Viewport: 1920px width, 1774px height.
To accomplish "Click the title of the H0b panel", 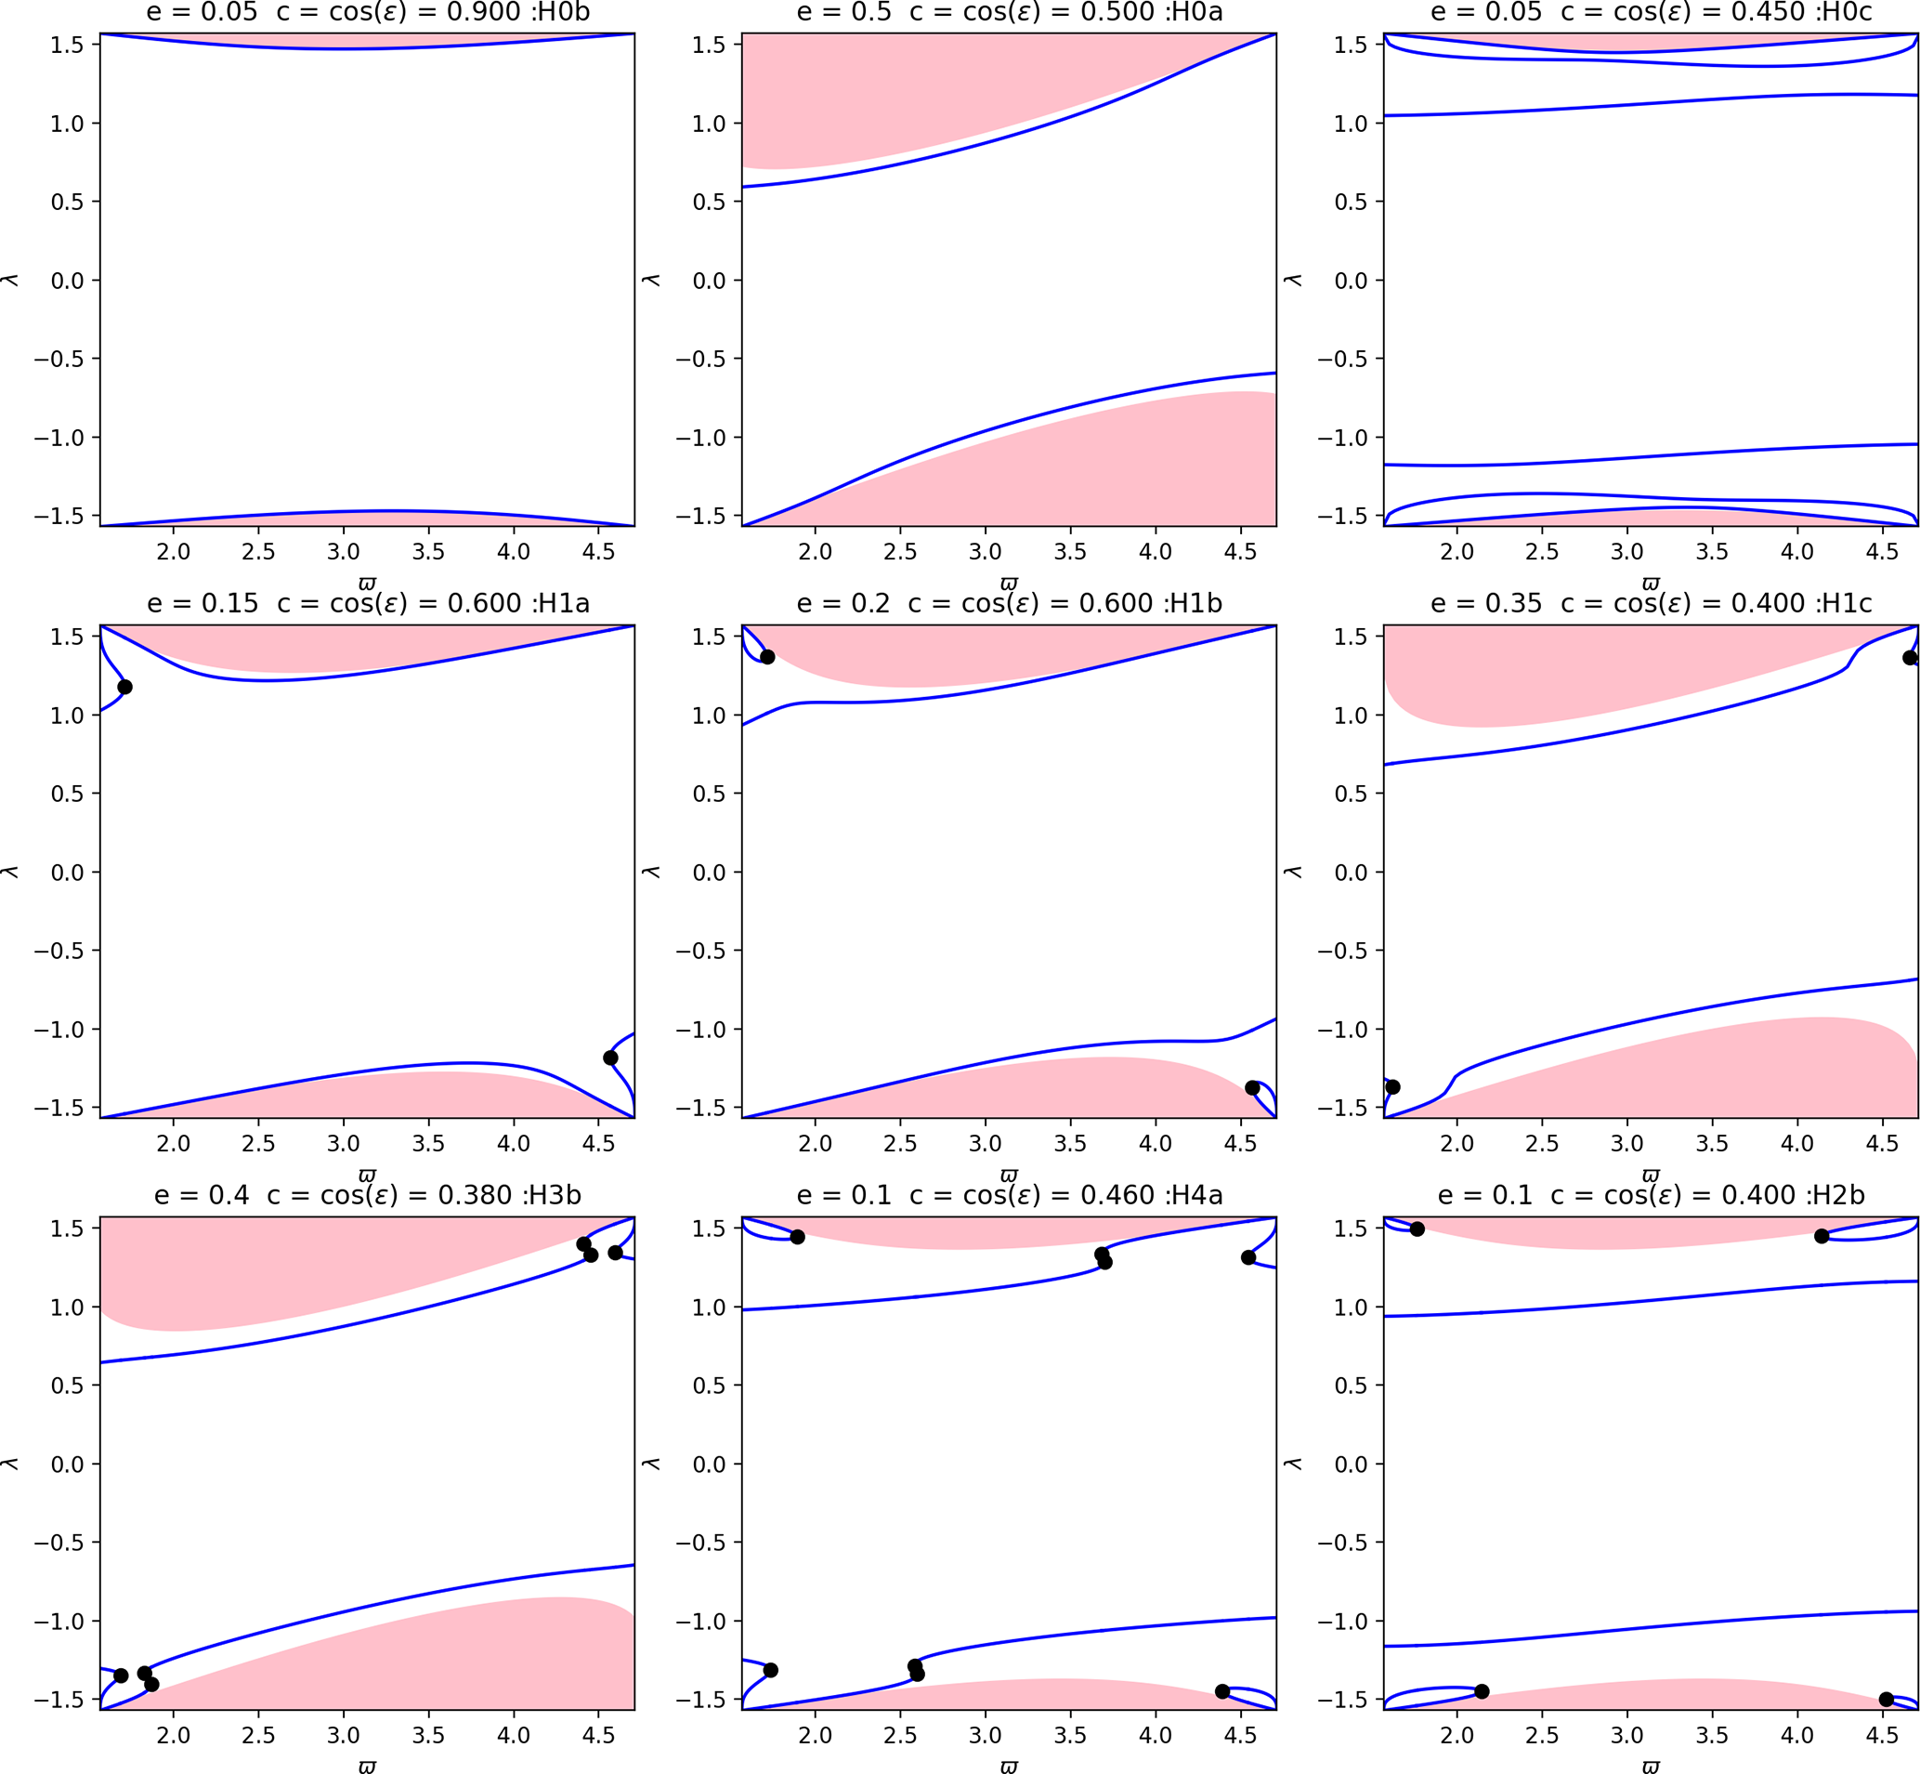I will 368,12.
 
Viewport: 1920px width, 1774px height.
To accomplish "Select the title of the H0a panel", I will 1010,12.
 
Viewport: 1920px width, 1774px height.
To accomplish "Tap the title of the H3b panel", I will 368,1195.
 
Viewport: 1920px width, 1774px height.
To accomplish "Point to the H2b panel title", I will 1651,1195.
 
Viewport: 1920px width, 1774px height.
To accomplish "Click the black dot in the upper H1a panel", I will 124,688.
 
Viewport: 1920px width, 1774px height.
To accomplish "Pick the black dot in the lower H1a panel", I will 610,1058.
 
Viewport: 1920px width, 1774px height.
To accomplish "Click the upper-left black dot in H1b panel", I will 767,657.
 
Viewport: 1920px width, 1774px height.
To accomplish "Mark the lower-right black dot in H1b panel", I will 1252,1087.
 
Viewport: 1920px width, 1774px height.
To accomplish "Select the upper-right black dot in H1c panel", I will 1910,658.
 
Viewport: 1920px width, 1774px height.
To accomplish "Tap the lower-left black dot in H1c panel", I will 1393,1086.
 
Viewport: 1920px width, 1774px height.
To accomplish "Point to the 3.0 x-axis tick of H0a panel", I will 986,552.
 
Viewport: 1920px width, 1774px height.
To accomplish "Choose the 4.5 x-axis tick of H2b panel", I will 1882,1736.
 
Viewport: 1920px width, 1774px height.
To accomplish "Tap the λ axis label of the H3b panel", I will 10,1463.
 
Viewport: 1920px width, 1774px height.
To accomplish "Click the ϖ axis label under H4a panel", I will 1010,1765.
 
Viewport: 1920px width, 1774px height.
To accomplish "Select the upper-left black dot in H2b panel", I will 1417,1229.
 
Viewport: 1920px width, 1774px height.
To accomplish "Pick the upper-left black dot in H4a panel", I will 797,1237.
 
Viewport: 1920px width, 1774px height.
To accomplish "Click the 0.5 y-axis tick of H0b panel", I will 68,202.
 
